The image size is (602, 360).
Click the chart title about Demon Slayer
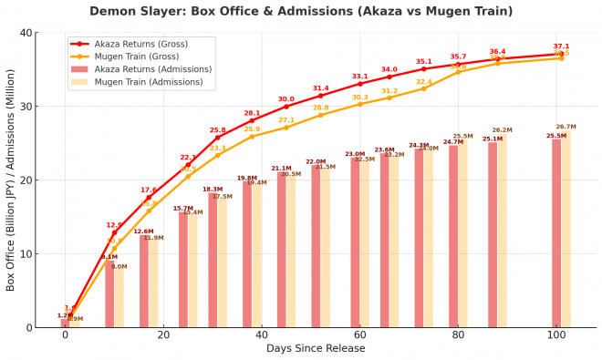pos(301,12)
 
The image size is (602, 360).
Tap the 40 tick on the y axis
pos(26,33)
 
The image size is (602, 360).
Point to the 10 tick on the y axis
pos(26,253)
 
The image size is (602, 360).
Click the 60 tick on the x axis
pos(359,335)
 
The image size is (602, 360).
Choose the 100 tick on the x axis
pos(556,335)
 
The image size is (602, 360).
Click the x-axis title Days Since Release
pos(311,349)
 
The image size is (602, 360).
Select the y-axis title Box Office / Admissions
pos(11,180)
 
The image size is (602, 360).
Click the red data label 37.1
pos(561,46)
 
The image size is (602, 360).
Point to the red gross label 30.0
pos(286,98)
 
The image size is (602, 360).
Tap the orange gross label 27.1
pos(286,120)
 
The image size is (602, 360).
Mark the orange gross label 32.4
pos(424,82)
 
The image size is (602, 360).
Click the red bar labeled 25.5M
pos(556,232)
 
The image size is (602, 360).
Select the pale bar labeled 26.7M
pos(566,229)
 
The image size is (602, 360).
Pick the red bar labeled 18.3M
pos(213,260)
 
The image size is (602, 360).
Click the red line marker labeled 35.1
pos(424,69)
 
